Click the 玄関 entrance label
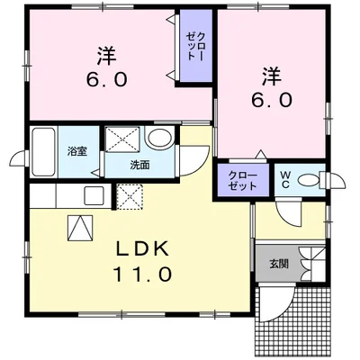coord(278,264)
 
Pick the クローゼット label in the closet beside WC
coord(242,178)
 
